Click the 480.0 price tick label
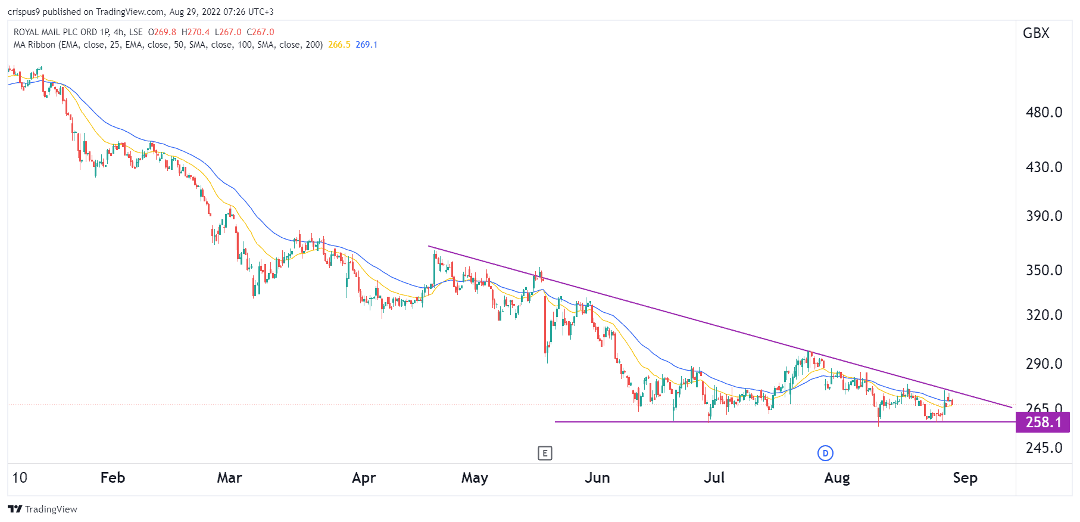click(1044, 112)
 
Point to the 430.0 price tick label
click(1044, 167)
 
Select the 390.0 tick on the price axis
click(1044, 216)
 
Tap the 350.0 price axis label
click(1044, 270)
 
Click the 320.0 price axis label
click(1044, 315)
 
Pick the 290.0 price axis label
click(1044, 363)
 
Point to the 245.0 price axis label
click(1044, 448)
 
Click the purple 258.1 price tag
click(1042, 422)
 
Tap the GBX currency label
click(1036, 33)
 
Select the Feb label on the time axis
click(113, 478)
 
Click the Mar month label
click(229, 478)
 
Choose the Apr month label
click(364, 478)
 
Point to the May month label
click(475, 478)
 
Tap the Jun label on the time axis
click(597, 478)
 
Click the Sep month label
click(964, 478)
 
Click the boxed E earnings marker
click(545, 453)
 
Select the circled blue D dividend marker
click(825, 453)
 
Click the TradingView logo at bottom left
click(42, 509)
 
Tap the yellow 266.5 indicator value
click(339, 45)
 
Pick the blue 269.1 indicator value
click(367, 45)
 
